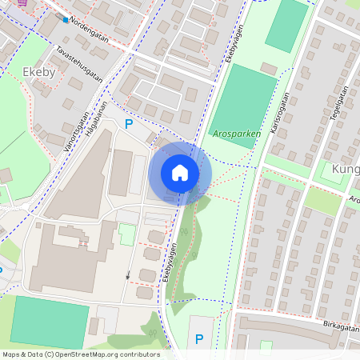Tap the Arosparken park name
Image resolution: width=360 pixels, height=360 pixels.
click(237, 134)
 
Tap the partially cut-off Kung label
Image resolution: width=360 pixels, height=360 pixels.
click(346, 170)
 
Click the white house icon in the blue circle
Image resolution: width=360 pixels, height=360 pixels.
click(180, 172)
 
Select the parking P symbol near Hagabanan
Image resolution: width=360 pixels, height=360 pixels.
click(128, 123)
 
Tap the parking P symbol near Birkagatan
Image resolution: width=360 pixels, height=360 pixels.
click(198, 338)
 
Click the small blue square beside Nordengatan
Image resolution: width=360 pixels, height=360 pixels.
click(66, 18)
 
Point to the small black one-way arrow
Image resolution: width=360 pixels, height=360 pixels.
click(128, 275)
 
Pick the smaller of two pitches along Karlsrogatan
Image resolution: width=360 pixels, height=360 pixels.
click(287, 26)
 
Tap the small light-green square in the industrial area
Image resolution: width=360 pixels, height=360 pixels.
click(126, 235)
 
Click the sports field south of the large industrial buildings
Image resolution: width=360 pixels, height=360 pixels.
click(50, 322)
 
